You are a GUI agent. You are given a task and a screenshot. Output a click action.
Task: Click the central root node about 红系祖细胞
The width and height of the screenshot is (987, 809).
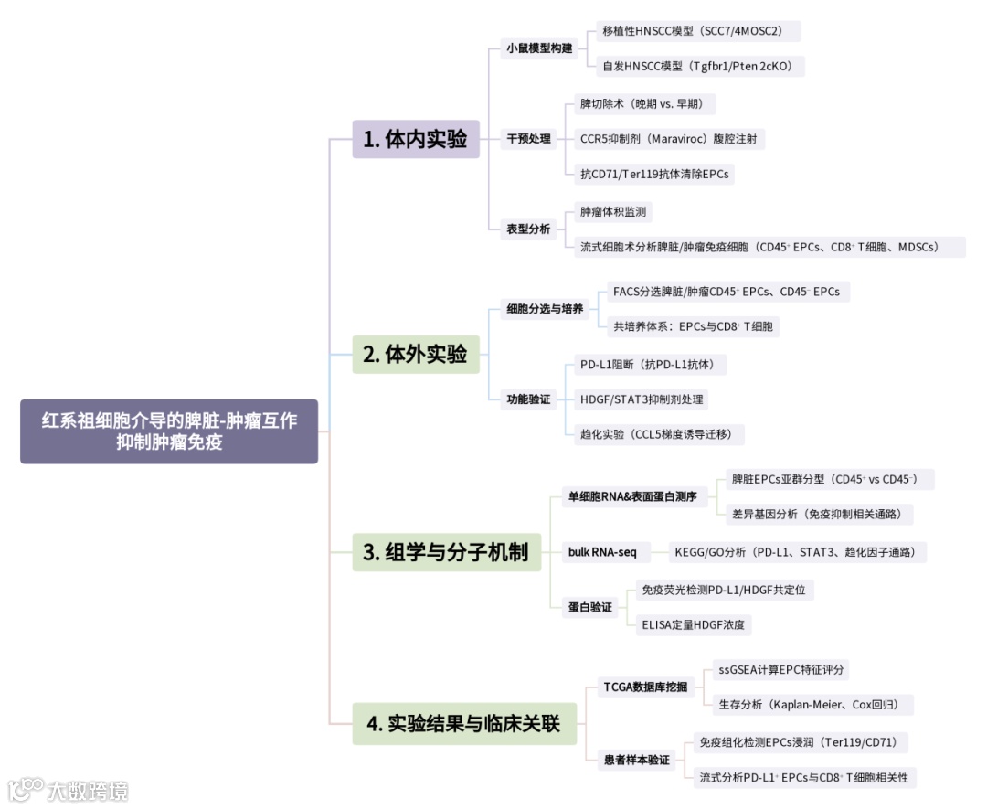click(x=169, y=431)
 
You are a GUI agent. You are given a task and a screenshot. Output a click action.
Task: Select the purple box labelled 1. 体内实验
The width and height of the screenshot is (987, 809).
click(x=416, y=139)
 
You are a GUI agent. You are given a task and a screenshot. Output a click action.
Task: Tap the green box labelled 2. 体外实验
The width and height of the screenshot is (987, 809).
click(x=416, y=354)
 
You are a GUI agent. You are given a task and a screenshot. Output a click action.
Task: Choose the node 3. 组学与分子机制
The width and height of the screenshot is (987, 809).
click(x=446, y=552)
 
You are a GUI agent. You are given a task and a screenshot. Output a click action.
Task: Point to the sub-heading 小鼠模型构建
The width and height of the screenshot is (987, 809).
click(x=539, y=48)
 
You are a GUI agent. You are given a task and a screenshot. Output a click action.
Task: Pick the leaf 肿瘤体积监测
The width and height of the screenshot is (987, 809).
click(x=613, y=212)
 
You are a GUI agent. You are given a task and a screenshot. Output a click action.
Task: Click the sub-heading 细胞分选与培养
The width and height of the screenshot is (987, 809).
click(x=545, y=309)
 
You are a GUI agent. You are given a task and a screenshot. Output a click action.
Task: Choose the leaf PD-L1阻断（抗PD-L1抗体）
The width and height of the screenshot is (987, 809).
click(x=653, y=365)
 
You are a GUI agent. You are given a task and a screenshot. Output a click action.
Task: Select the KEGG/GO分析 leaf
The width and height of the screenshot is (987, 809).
click(x=794, y=552)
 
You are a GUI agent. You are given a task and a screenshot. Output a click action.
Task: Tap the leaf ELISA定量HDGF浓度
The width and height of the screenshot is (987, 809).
click(x=693, y=625)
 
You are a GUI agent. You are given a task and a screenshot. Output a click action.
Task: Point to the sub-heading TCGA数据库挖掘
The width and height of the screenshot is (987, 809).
click(x=644, y=687)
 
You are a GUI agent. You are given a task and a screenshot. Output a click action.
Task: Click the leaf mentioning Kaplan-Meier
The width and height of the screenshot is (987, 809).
click(x=812, y=705)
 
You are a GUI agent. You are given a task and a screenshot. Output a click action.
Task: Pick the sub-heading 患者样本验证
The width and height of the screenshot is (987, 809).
click(x=636, y=760)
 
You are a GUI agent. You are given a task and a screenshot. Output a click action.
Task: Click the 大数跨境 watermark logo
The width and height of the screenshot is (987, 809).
click(x=69, y=789)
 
